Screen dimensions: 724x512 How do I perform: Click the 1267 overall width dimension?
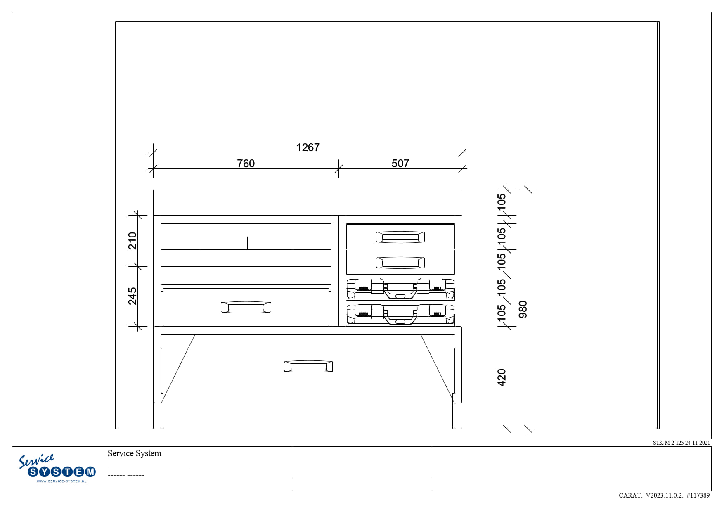tap(308, 147)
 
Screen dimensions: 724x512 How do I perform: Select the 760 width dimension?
tap(246, 164)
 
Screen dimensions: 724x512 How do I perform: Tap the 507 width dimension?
tap(400, 164)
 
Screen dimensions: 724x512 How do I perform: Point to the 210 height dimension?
tap(132, 241)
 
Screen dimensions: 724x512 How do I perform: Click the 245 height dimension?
tap(132, 296)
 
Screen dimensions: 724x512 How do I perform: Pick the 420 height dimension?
tap(502, 377)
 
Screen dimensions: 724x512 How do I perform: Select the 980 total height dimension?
tap(523, 309)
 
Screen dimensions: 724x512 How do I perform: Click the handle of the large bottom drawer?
tap(308, 366)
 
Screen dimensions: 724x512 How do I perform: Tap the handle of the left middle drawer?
tap(246, 307)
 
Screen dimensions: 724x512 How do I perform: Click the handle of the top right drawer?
tap(400, 237)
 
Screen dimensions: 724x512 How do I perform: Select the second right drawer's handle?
tap(400, 262)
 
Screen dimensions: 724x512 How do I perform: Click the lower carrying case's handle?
tap(400, 317)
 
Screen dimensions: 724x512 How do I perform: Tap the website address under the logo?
tap(62, 481)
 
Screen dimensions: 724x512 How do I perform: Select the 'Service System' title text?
tap(135, 453)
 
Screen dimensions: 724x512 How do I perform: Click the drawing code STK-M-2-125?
tap(668, 443)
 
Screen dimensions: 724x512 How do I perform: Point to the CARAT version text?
tap(664, 495)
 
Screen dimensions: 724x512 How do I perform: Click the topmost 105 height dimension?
tap(502, 202)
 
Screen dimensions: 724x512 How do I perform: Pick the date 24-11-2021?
tap(698, 443)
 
